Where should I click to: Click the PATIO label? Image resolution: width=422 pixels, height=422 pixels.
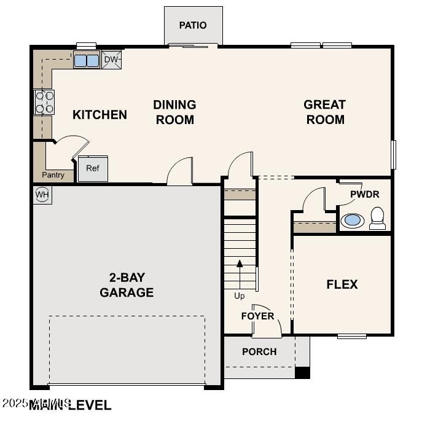tap(193, 25)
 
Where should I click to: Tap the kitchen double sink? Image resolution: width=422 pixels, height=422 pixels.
tap(87, 60)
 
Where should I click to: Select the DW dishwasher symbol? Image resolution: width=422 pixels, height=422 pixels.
tap(111, 60)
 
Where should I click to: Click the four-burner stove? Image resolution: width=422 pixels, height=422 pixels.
tap(44, 102)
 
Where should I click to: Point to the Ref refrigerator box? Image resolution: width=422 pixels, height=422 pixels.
tap(93, 168)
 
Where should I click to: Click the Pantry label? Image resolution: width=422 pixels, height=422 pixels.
tap(53, 175)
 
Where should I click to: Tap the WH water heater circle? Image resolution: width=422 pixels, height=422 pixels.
tap(42, 195)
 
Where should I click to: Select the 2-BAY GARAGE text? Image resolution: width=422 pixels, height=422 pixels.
tap(127, 285)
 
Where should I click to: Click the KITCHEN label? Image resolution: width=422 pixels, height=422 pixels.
tap(100, 114)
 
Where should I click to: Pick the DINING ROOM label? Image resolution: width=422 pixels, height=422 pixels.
tap(174, 112)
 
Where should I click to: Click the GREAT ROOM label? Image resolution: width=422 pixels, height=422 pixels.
tap(325, 112)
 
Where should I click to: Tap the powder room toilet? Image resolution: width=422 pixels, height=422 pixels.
tap(377, 219)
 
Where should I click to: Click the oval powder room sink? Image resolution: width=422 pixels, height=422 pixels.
tap(352, 220)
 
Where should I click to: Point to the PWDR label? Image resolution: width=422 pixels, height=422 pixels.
tap(365, 194)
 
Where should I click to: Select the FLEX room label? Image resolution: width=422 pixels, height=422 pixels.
tap(342, 284)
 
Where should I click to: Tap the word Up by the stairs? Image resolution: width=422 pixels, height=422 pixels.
tap(240, 296)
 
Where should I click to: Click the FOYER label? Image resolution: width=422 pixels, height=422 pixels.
tap(257, 316)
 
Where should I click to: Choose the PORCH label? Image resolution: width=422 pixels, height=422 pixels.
tap(259, 351)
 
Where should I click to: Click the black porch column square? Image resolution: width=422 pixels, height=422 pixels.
tap(302, 372)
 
